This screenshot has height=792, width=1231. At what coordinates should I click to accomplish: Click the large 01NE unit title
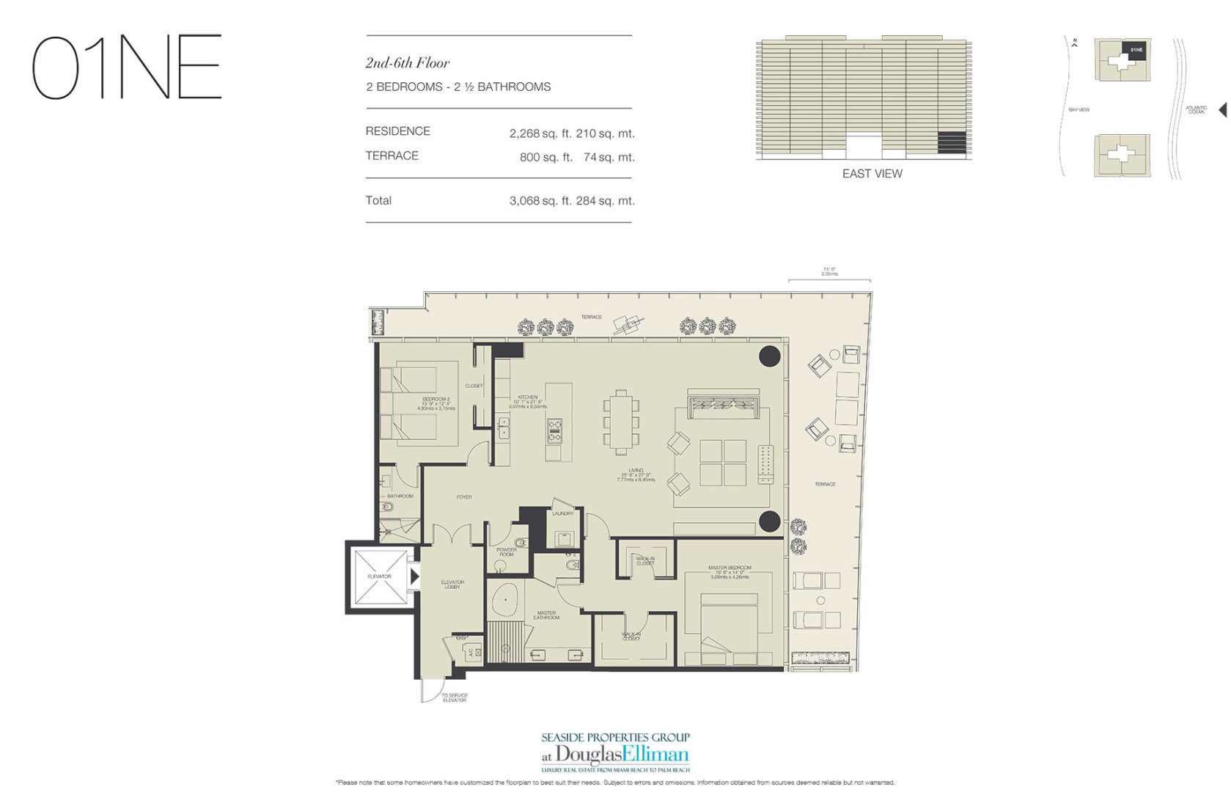[126, 67]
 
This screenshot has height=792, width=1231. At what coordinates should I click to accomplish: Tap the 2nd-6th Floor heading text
[408, 63]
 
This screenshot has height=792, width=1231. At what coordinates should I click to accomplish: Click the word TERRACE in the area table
[392, 155]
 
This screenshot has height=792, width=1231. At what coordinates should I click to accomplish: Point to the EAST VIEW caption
[872, 174]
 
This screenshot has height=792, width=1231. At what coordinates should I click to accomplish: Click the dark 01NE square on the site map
[1135, 51]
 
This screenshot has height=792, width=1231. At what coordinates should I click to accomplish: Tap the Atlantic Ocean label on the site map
[1196, 110]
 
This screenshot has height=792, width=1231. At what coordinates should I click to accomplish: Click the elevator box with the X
[380, 577]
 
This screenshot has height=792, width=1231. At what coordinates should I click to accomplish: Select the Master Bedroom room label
[729, 568]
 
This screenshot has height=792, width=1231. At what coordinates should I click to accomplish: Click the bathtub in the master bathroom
[505, 603]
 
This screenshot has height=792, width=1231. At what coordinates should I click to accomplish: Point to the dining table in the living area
[621, 422]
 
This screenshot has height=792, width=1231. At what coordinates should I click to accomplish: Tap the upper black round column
[769, 356]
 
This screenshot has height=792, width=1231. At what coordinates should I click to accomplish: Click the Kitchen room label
[527, 397]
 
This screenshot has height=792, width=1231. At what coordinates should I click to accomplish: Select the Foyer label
[463, 497]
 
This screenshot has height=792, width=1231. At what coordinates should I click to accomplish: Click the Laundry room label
[562, 513]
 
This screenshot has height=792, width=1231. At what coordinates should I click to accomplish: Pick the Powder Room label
[506, 552]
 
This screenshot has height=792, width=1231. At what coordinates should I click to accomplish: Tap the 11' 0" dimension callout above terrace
[830, 271]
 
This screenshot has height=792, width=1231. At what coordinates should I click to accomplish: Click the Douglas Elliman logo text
[622, 754]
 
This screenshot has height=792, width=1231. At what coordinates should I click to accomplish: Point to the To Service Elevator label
[454, 697]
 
